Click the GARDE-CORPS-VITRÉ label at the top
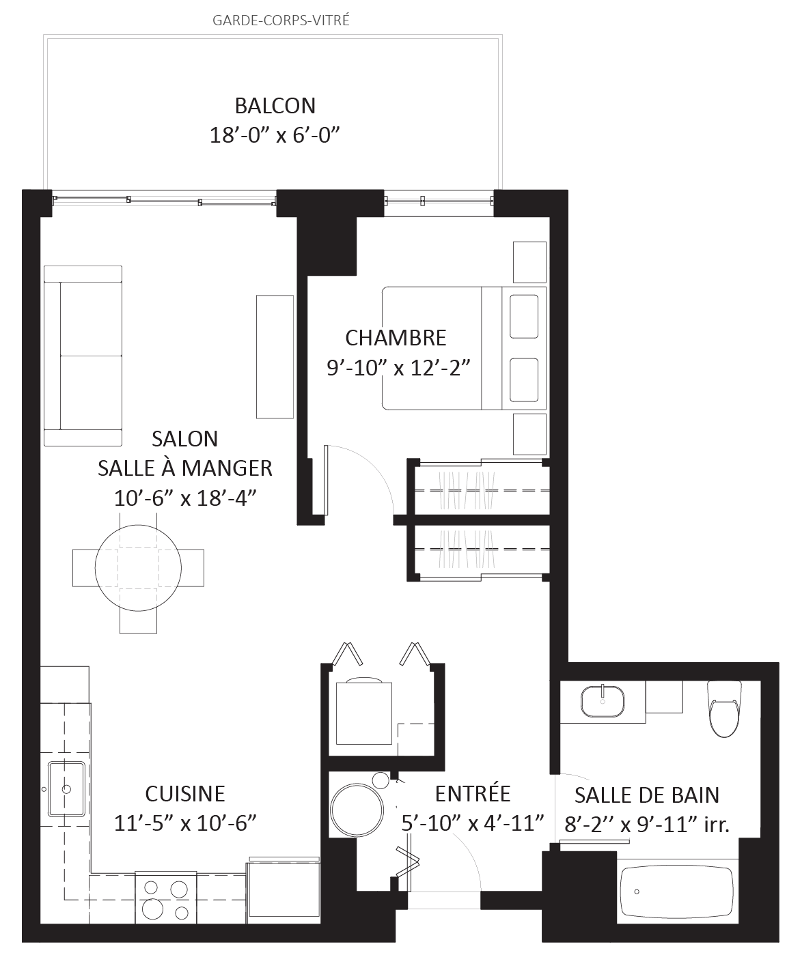pos(281,20)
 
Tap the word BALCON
pos(275,106)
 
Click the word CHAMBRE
pos(396,338)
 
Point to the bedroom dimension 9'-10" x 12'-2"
pos(396,367)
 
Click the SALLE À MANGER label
pos(185,468)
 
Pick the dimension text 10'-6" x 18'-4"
pos(185,498)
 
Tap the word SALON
pos(184,438)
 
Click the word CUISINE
pos(185,794)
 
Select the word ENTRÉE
pos(473,794)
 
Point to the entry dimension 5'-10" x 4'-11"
pos(473,822)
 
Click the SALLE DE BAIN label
pos(646,795)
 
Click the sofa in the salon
pos(83,355)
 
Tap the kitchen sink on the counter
pos(66,788)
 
